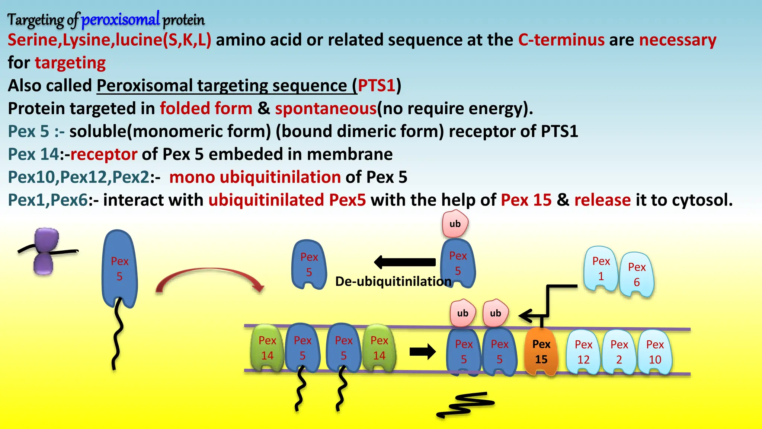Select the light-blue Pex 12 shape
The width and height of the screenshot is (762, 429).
click(x=583, y=352)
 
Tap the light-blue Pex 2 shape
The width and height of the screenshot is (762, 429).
click(x=619, y=352)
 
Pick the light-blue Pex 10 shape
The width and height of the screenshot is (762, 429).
click(x=655, y=352)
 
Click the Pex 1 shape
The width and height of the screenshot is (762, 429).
click(x=601, y=268)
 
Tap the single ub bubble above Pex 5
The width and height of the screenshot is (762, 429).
click(x=455, y=224)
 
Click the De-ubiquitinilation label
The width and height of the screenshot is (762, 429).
click(x=393, y=282)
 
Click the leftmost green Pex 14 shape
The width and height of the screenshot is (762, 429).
click(x=267, y=348)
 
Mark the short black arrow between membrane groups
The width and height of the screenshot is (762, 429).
click(x=422, y=352)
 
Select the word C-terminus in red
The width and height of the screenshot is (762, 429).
click(x=561, y=40)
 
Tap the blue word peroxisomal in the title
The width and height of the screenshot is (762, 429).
click(x=121, y=19)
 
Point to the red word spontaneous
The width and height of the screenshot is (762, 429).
click(x=326, y=109)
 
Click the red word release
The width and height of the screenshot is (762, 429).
click(x=602, y=200)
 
